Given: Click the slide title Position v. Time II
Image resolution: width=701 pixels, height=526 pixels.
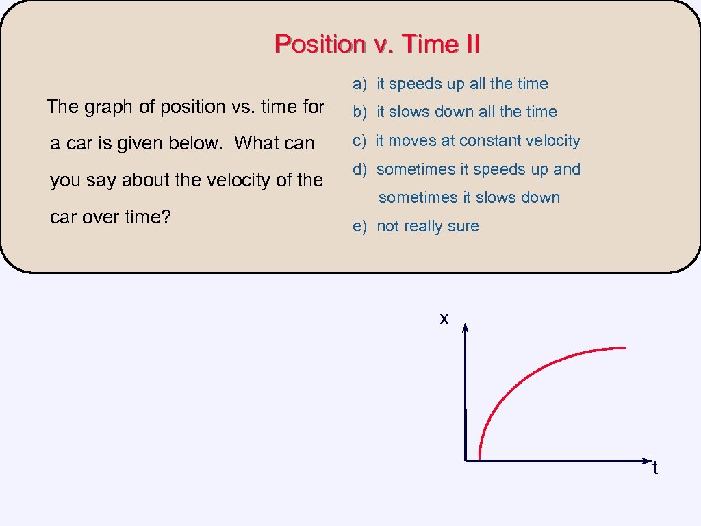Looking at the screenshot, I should pyautogui.click(x=377, y=44).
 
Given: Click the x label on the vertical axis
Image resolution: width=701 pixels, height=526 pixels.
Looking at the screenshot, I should pyautogui.click(x=444, y=318).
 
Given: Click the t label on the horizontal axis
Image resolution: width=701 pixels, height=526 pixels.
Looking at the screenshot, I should pyautogui.click(x=655, y=468).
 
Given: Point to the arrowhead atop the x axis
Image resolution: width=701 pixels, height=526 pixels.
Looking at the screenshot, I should pyautogui.click(x=465, y=329).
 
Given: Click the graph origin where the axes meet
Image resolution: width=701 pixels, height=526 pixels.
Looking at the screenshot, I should pyautogui.click(x=466, y=460).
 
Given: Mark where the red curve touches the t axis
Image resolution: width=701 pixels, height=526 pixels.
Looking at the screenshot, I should pyautogui.click(x=479, y=459).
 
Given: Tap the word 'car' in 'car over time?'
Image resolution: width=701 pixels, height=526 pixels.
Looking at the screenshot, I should pyautogui.click(x=64, y=217).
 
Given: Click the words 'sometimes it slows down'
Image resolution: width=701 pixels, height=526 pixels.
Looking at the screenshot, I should pyautogui.click(x=469, y=197).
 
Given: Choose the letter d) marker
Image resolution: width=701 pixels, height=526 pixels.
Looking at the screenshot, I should pyautogui.click(x=360, y=169).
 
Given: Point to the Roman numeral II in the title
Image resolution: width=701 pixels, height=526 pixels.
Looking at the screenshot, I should pyautogui.click(x=470, y=44).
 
